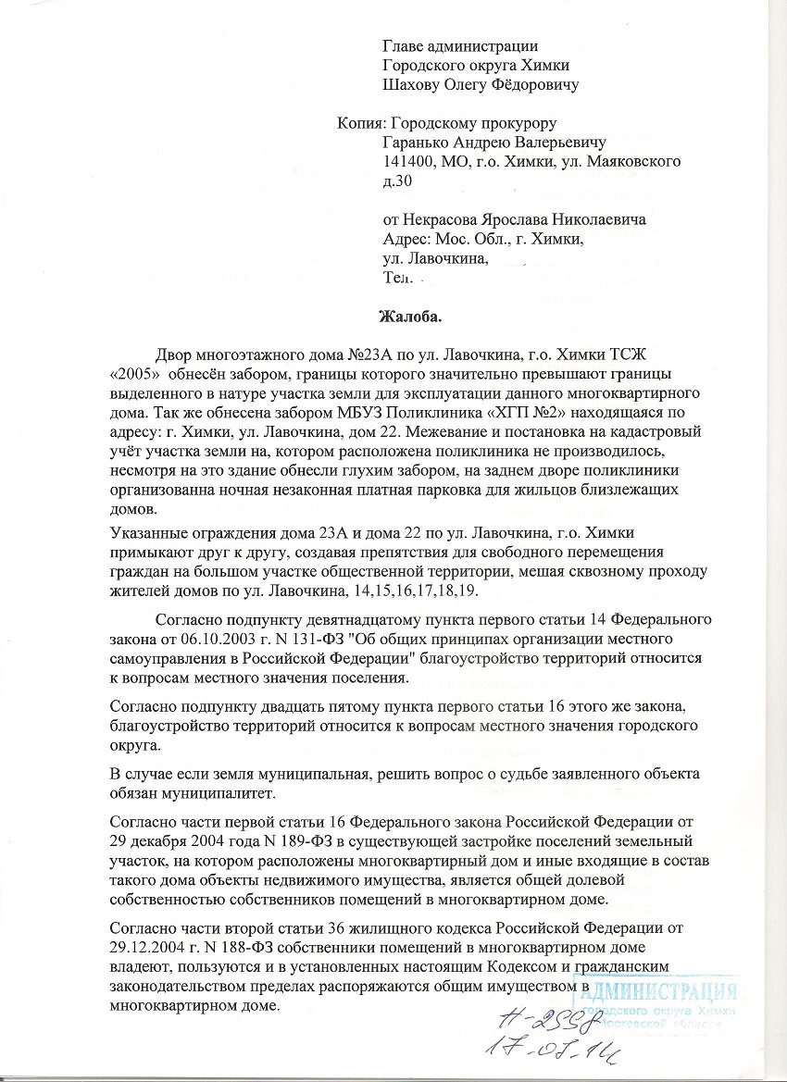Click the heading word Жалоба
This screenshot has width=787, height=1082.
point(410,316)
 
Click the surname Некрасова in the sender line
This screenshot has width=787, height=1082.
point(446,219)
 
